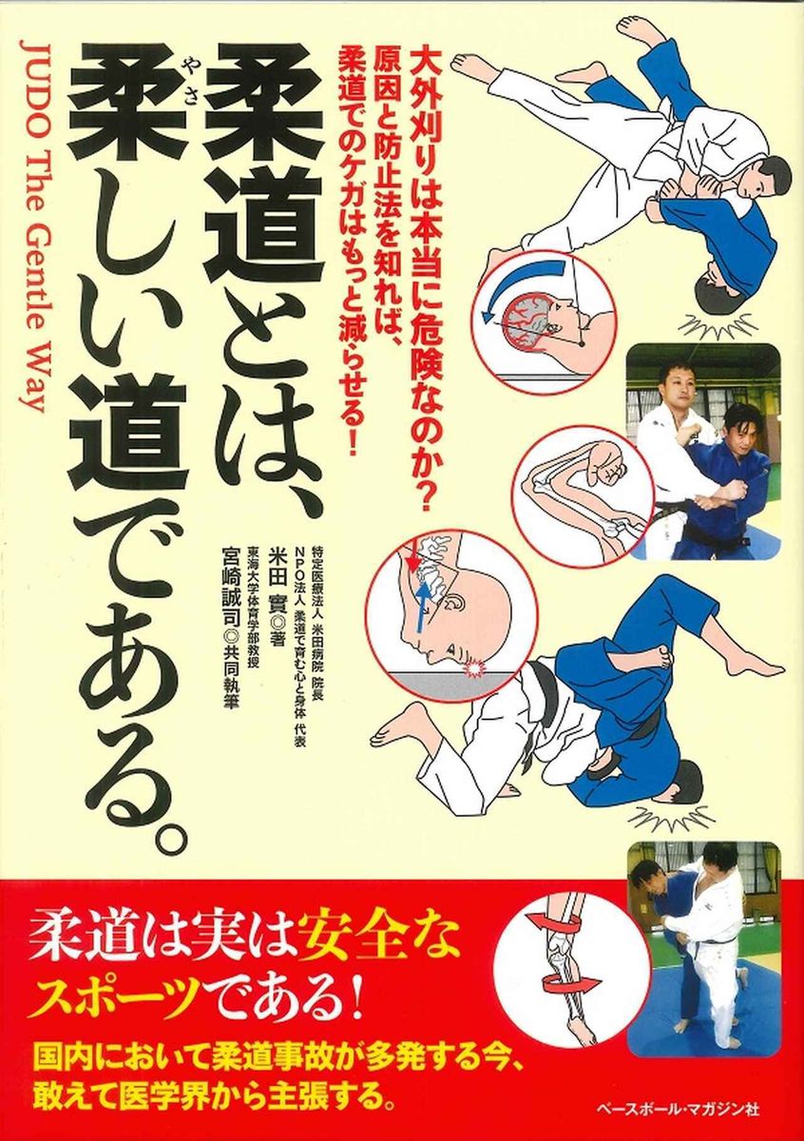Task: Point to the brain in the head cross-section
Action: [x=528, y=318]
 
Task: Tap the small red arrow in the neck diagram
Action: [x=413, y=557]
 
